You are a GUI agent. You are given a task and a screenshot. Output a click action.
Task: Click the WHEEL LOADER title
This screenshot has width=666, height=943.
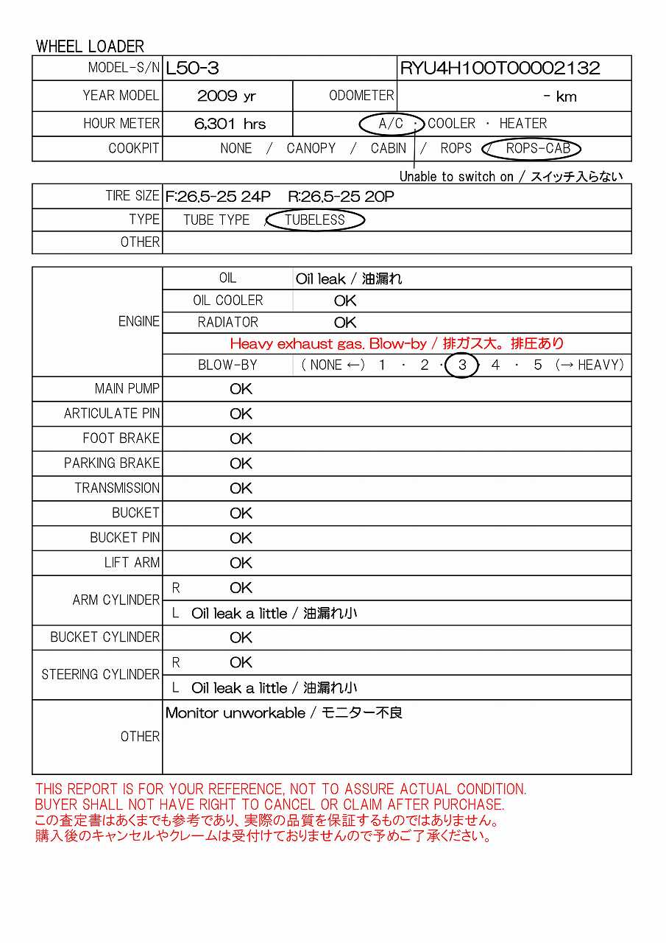click(x=90, y=46)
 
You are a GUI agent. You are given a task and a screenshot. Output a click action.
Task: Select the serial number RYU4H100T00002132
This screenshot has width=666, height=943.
click(x=500, y=69)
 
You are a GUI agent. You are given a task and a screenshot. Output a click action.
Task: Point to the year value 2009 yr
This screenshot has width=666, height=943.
click(x=227, y=96)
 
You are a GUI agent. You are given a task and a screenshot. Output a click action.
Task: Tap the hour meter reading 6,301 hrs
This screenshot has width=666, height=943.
click(x=230, y=124)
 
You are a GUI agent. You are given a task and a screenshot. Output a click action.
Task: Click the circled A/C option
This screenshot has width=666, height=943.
click(x=391, y=123)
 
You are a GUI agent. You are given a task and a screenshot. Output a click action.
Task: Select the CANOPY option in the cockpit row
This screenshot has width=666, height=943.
click(x=311, y=148)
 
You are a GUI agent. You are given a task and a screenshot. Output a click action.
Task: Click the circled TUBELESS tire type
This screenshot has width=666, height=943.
click(x=315, y=220)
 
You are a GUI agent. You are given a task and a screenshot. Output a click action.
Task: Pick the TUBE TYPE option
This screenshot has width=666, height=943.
click(x=216, y=220)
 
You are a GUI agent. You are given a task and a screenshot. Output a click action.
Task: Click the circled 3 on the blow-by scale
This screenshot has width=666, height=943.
click(x=462, y=365)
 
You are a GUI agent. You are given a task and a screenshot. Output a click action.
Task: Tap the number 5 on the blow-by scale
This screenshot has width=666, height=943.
click(x=538, y=365)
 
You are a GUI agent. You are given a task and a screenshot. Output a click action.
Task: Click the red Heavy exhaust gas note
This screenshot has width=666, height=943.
click(x=397, y=343)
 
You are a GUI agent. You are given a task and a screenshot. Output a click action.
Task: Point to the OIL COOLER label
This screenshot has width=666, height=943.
click(x=227, y=301)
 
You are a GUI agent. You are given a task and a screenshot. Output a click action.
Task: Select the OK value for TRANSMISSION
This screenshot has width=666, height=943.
click(x=241, y=488)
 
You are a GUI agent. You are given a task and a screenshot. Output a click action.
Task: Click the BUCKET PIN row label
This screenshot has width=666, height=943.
click(x=124, y=538)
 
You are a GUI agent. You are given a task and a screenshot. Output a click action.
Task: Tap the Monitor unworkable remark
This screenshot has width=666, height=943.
click(x=284, y=712)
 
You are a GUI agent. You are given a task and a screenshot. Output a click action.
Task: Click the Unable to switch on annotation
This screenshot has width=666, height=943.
click(x=511, y=176)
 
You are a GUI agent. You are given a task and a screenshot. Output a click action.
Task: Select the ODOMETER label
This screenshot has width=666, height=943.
click(x=361, y=96)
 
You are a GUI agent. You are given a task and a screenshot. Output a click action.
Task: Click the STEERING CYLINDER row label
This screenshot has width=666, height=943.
click(x=100, y=674)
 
